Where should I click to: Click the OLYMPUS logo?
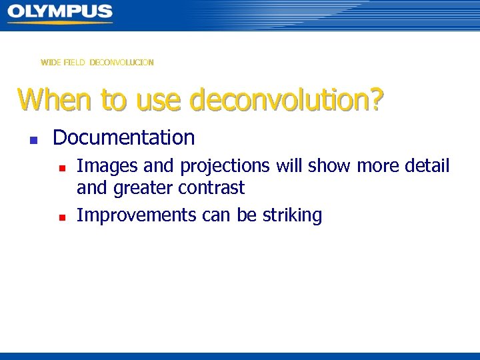(x=60, y=11)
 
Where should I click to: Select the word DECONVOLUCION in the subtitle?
(x=122, y=63)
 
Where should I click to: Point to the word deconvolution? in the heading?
(x=287, y=100)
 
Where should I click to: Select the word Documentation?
(x=123, y=138)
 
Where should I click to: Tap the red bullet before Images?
(x=60, y=167)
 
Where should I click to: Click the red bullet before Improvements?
(x=60, y=217)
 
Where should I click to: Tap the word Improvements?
(x=136, y=216)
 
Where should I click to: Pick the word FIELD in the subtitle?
(x=75, y=63)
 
